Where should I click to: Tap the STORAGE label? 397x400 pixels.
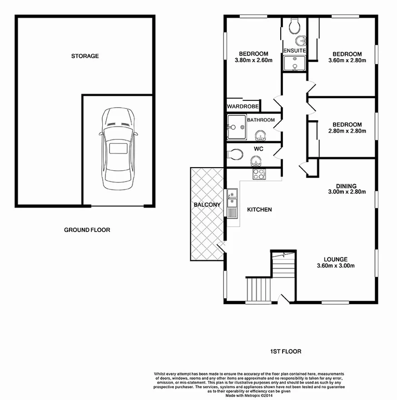[x=85, y=56]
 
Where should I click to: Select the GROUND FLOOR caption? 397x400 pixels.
[x=87, y=230]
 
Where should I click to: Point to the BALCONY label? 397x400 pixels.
[x=207, y=205]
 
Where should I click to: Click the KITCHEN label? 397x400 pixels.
[x=259, y=210]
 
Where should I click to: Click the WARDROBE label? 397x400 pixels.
[x=243, y=107]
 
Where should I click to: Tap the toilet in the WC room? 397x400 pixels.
[x=235, y=154]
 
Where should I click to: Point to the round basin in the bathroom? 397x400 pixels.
[x=260, y=135]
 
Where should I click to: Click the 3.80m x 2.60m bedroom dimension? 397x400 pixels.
[x=253, y=60]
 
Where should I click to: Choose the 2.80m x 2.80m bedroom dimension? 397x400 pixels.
[x=347, y=131]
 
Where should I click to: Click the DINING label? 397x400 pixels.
[x=346, y=186]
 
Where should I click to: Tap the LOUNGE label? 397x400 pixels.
[x=336, y=260]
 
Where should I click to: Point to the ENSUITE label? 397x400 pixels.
[x=294, y=50]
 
